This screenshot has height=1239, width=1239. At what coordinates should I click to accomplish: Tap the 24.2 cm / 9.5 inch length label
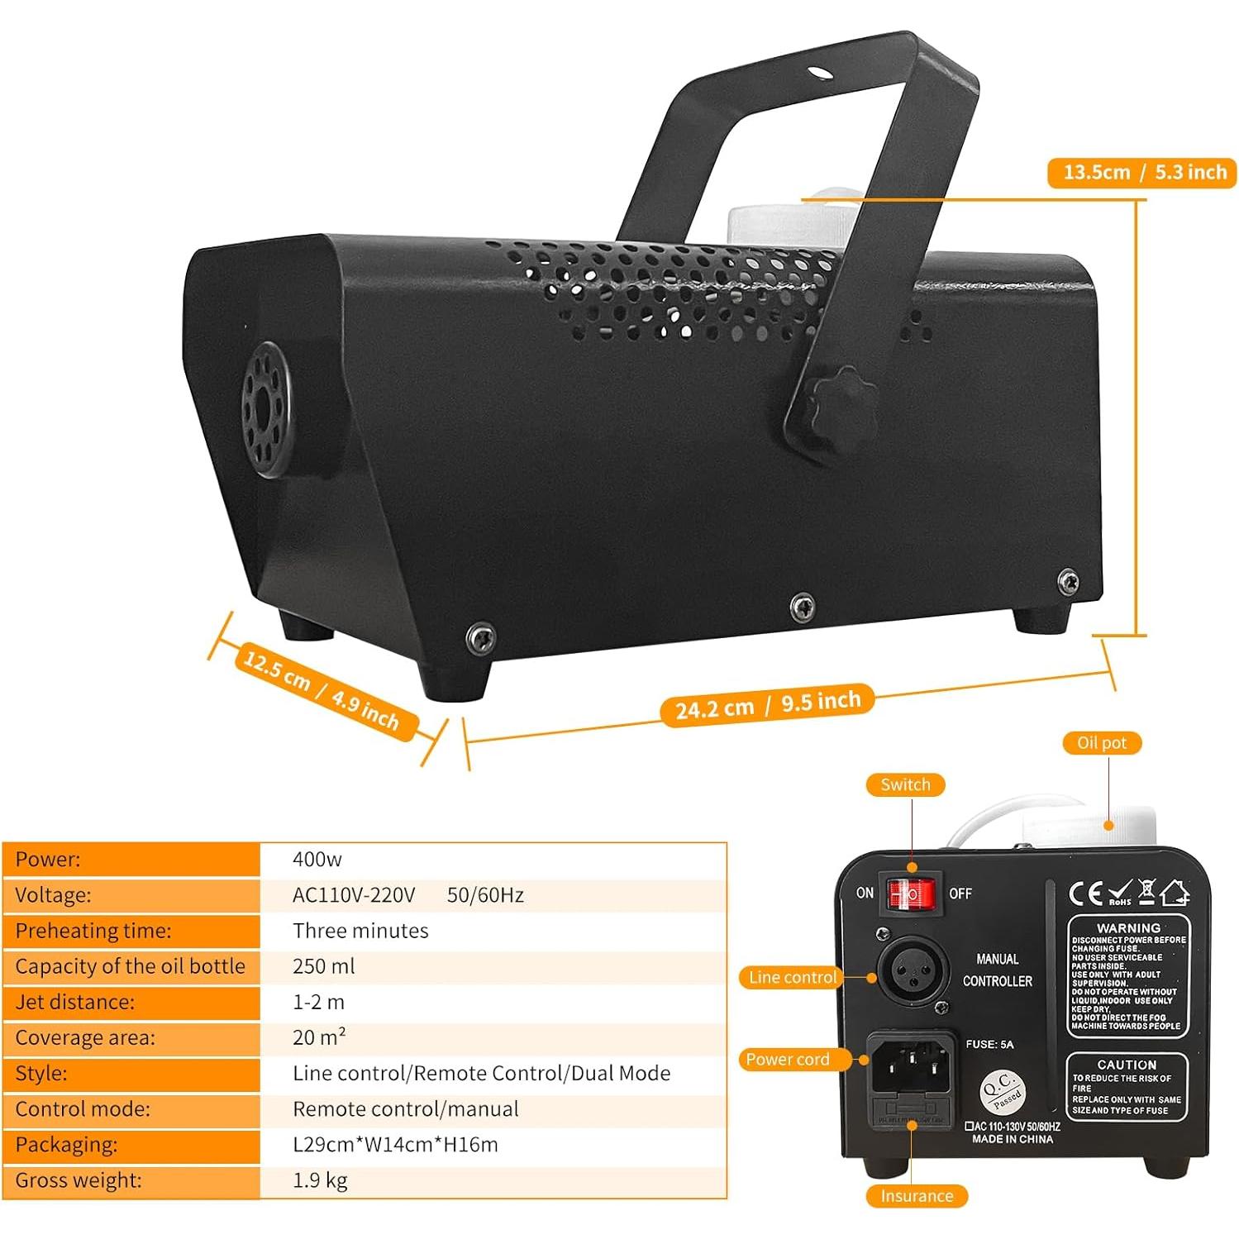pos(768,705)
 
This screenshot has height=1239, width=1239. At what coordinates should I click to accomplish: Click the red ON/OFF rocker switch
pos(911,894)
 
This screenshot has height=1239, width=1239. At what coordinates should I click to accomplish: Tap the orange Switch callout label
pos(905,784)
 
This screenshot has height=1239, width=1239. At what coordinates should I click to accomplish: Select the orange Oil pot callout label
pos(1101,743)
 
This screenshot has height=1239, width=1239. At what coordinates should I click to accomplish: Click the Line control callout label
pos(792,977)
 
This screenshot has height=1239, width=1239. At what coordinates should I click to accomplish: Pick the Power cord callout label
pos(787,1060)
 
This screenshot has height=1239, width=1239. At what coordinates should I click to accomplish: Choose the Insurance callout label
pos(917,1196)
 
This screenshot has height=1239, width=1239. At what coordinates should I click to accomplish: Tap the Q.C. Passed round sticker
pos(1003,1091)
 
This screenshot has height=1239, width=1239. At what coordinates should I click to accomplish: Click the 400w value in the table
pos(317,860)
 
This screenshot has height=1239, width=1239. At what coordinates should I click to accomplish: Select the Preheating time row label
pos(93,931)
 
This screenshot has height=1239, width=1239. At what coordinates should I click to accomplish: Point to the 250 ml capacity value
pos(323,966)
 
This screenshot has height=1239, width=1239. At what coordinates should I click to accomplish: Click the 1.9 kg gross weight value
pos(320,1180)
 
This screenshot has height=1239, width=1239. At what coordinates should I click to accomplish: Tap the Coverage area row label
pos(85,1037)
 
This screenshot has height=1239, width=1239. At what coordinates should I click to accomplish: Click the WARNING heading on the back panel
pos(1128,928)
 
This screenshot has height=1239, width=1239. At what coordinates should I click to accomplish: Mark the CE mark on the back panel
pos(1085,894)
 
